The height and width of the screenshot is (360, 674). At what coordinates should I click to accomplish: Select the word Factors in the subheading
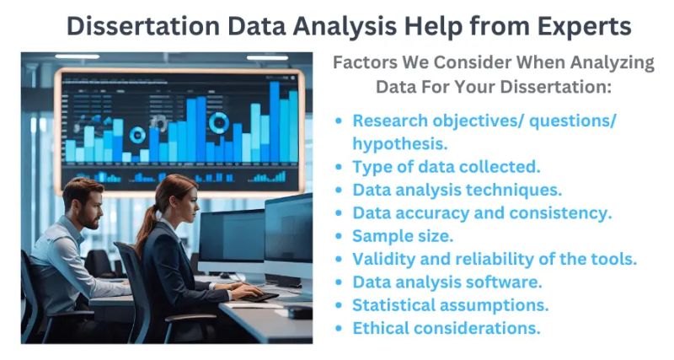coord(365,62)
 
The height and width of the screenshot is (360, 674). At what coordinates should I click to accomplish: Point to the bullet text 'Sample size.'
coord(403,236)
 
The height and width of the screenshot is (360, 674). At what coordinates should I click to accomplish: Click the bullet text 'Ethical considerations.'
coord(447,327)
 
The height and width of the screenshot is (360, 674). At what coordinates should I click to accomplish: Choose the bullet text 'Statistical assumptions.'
coord(451,304)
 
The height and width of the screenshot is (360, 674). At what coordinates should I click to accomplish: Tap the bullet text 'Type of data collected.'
coord(447,166)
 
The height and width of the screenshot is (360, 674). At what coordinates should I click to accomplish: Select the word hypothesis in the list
coord(399,143)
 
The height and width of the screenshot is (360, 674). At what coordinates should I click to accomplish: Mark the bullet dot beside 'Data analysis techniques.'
coord(339,190)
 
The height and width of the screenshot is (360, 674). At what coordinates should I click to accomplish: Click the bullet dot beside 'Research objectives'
coord(339,121)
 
